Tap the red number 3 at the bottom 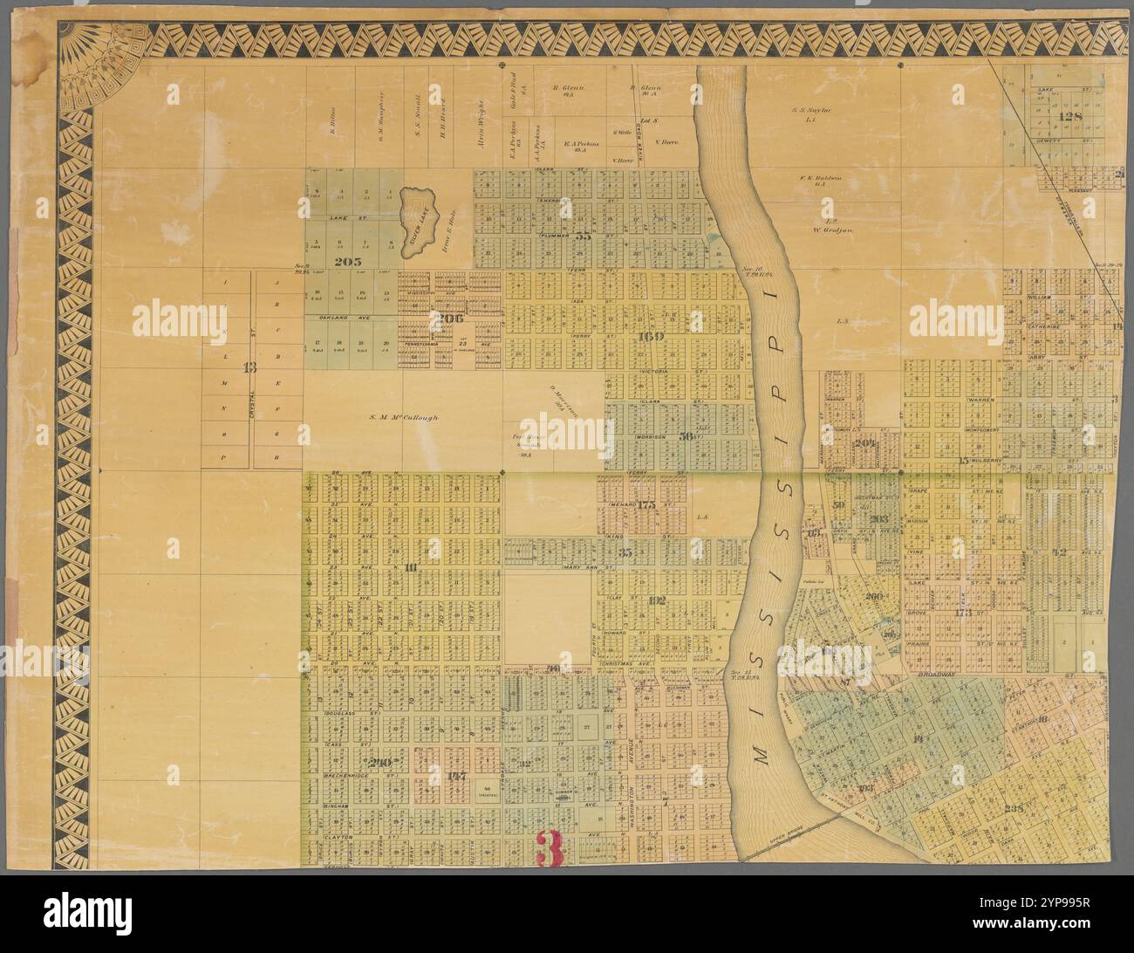click(x=549, y=847)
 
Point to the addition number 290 click(x=381, y=762)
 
